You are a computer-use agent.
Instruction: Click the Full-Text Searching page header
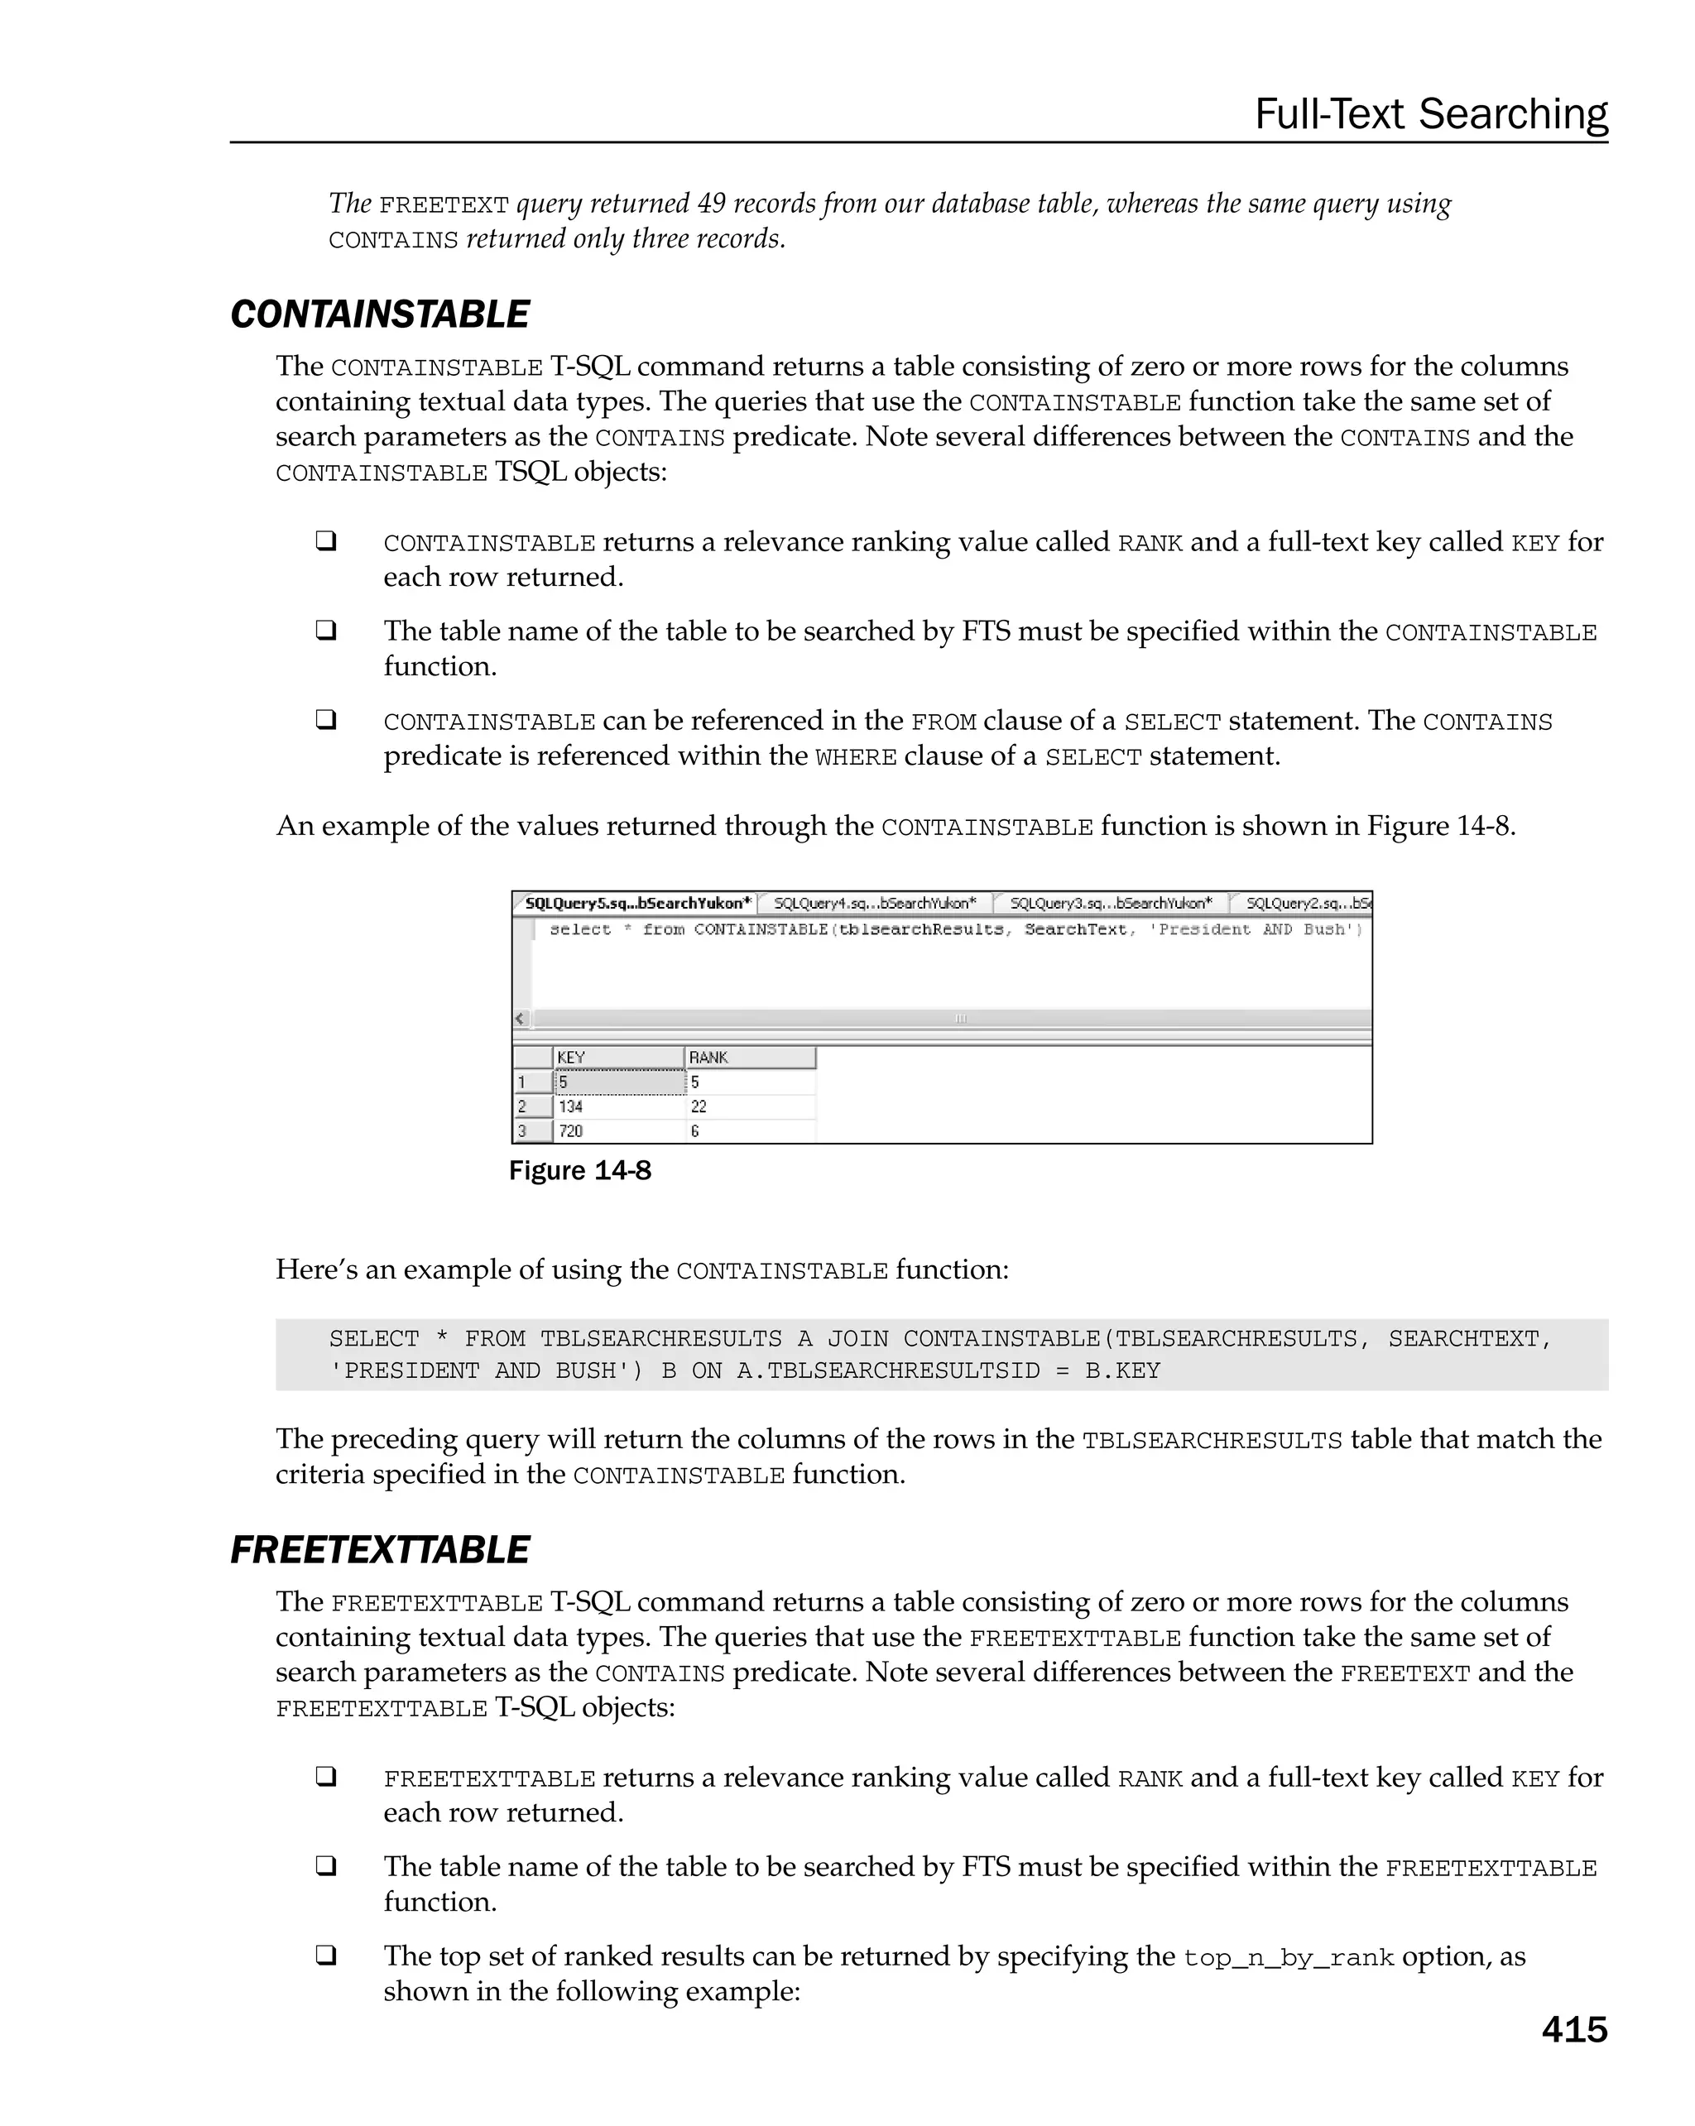pyautogui.click(x=1430, y=114)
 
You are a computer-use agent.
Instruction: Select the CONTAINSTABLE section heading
pyautogui.click(x=380, y=314)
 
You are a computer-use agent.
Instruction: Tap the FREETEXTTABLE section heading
pyautogui.click(x=380, y=1550)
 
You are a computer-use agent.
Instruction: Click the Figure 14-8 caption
pyautogui.click(x=580, y=1170)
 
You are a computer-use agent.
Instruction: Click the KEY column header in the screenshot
pyautogui.click(x=572, y=1057)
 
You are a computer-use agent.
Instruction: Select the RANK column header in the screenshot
pyautogui.click(x=709, y=1057)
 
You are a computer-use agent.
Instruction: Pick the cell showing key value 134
pyautogui.click(x=571, y=1106)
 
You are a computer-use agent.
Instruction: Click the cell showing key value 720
pyautogui.click(x=571, y=1131)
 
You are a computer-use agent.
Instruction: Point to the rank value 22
pyautogui.click(x=699, y=1106)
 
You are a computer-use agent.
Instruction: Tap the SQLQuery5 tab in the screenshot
pyautogui.click(x=637, y=903)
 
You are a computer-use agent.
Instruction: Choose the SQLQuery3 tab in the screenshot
pyautogui.click(x=1111, y=903)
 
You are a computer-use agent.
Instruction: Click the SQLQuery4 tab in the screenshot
pyautogui.click(x=875, y=903)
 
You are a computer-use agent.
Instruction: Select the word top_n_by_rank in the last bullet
pyautogui.click(x=1288, y=1957)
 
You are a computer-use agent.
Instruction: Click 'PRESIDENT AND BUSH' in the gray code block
pyautogui.click(x=485, y=1370)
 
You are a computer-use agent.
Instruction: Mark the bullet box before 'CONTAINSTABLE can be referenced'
pyautogui.click(x=326, y=720)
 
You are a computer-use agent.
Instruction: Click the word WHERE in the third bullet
pyautogui.click(x=856, y=757)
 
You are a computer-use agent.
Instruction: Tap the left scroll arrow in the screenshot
pyautogui.click(x=521, y=1019)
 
